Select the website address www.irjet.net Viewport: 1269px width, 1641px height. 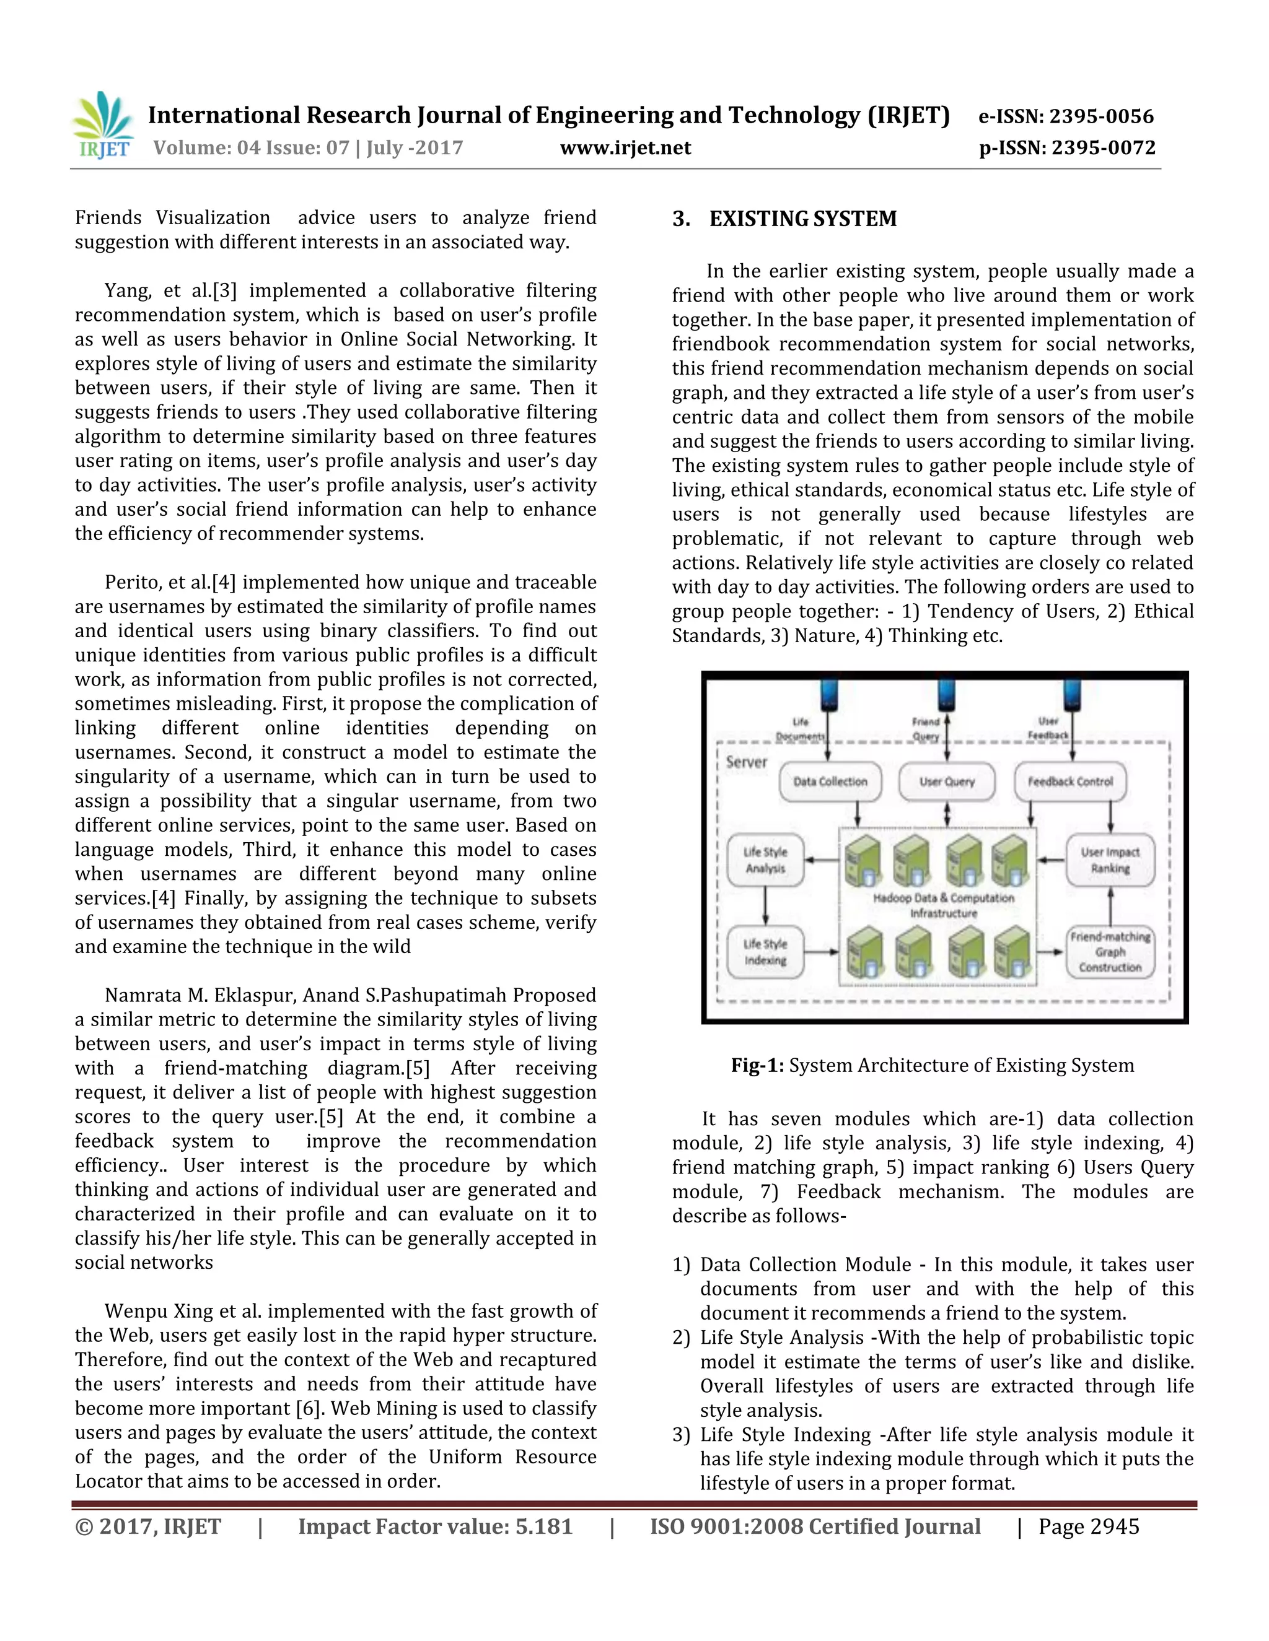pos(625,148)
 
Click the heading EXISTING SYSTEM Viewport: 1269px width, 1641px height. pos(802,219)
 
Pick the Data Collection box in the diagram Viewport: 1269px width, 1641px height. pos(830,781)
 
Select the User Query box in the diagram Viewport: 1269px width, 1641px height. pos(947,781)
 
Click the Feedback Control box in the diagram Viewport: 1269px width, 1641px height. pos(1069,781)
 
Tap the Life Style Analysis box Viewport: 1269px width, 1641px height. pos(765,860)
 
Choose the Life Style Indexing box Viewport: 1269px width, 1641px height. pos(765,952)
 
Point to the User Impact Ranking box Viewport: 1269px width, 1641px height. pos(1110,860)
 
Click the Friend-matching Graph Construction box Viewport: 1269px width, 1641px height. pos(1110,952)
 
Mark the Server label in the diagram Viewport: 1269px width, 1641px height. pos(746,762)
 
